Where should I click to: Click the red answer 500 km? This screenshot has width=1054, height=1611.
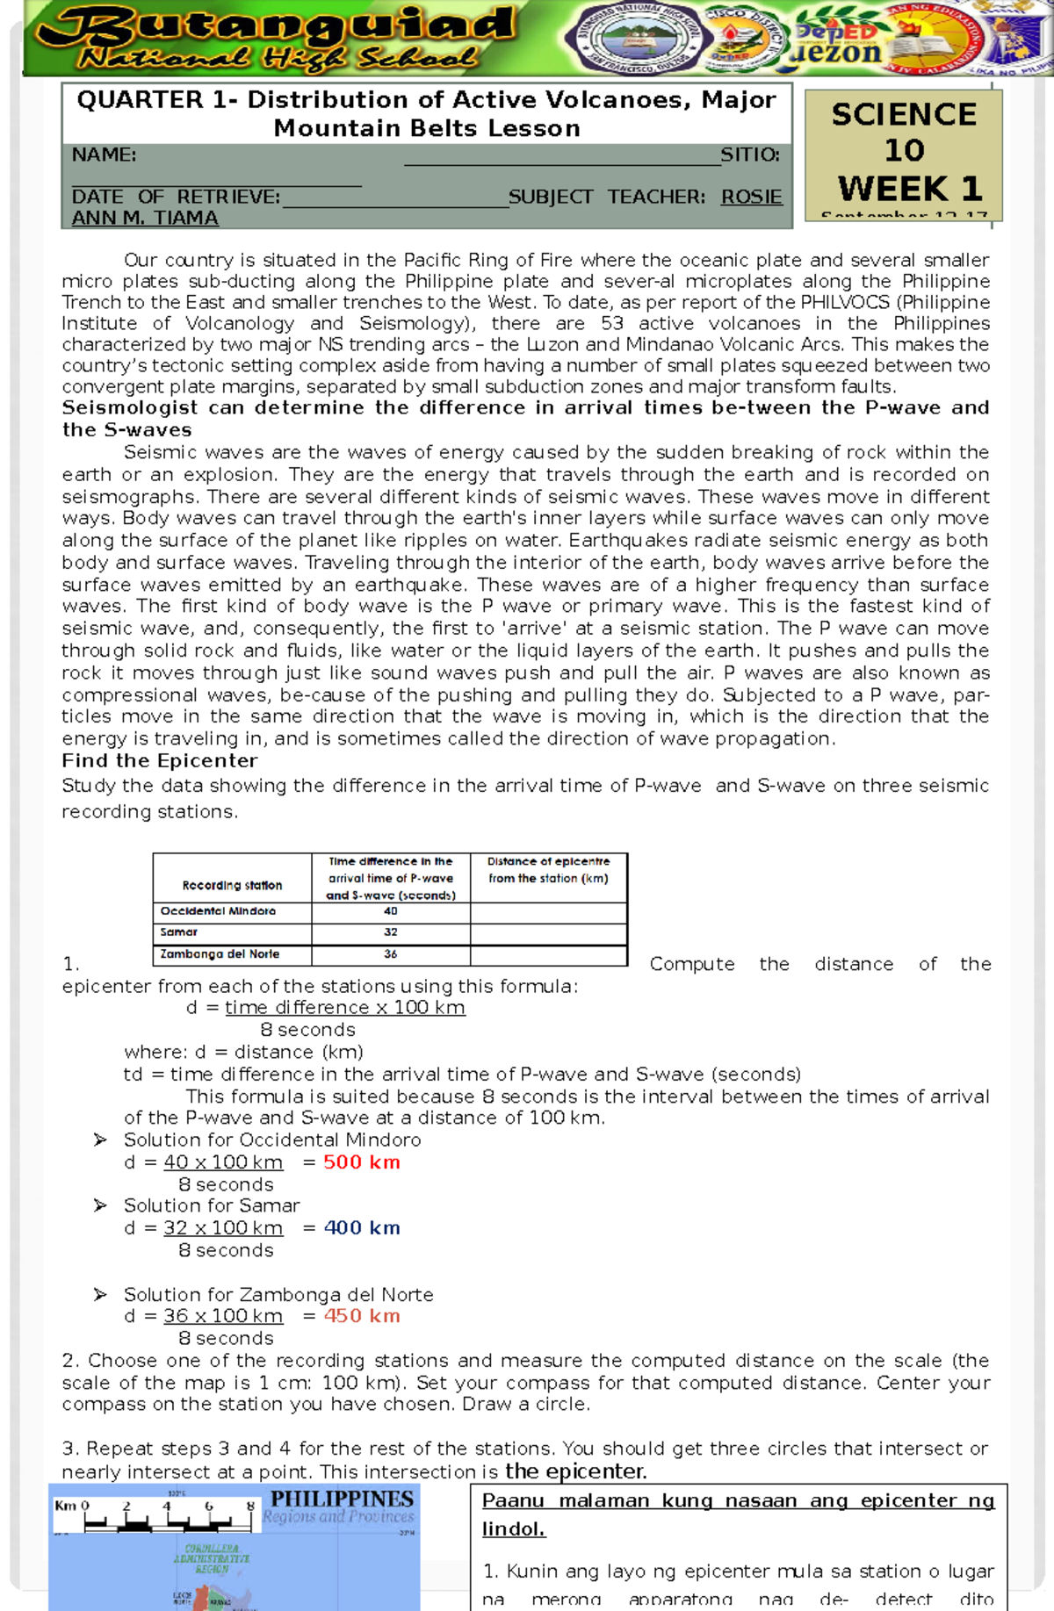point(361,1162)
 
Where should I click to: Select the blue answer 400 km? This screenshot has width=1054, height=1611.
point(361,1228)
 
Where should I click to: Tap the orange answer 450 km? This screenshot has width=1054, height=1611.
point(361,1316)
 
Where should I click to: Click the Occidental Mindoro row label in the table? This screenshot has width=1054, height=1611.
point(218,911)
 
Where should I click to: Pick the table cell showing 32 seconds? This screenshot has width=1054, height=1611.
point(390,932)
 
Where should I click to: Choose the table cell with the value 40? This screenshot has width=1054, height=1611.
point(390,911)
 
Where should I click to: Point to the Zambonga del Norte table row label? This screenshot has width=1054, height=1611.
point(220,954)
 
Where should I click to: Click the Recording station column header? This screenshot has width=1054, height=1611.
point(232,885)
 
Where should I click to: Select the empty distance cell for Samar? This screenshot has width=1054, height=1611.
point(548,932)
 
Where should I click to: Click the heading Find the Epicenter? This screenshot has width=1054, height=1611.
point(160,761)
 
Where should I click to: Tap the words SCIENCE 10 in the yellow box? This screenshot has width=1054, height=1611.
point(904,132)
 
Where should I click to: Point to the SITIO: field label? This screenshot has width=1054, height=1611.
point(749,155)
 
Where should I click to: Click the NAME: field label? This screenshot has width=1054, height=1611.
point(104,155)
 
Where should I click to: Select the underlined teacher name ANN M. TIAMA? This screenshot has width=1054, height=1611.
point(145,218)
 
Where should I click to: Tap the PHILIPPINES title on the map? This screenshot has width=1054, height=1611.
point(342,1499)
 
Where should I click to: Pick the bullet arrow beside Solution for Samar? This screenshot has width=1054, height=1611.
point(100,1205)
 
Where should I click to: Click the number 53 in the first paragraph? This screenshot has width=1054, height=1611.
point(612,323)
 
